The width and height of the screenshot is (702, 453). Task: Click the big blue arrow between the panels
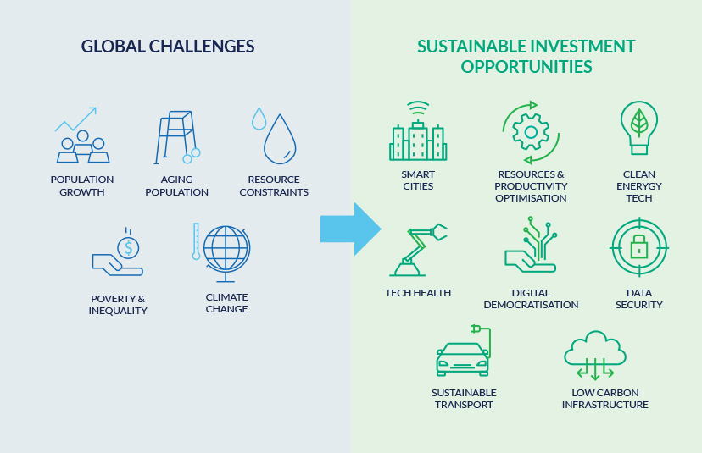(350, 229)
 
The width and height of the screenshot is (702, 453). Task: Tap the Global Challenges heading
(168, 47)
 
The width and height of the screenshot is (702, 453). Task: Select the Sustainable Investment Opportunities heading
(526, 57)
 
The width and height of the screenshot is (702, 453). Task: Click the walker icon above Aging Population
(177, 137)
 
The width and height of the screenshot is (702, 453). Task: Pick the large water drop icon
(280, 140)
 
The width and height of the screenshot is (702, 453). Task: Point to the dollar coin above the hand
(128, 247)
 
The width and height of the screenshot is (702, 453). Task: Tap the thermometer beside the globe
(196, 241)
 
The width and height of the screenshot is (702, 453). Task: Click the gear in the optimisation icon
(531, 132)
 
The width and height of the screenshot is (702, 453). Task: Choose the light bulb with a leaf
(639, 128)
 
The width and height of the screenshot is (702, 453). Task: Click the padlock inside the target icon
(639, 247)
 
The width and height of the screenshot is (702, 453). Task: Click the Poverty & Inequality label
(118, 305)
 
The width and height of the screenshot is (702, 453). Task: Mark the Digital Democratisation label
(531, 299)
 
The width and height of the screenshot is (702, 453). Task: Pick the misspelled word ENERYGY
(639, 186)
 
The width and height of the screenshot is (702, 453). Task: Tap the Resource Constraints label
(274, 185)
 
